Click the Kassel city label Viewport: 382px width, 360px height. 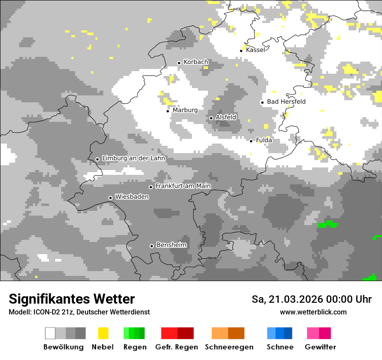255,50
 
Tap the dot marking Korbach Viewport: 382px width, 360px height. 179,63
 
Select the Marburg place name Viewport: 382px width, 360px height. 185,110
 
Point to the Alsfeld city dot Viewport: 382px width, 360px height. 211,118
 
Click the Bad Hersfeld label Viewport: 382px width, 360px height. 286,101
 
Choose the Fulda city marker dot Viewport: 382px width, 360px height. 251,141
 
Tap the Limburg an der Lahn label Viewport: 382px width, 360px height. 133,158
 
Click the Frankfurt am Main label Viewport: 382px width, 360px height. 183,186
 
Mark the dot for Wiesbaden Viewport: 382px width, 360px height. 111,198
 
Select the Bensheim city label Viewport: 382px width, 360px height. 171,245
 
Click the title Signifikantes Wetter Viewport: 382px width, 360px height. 72,299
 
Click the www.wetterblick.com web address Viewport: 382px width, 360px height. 313,312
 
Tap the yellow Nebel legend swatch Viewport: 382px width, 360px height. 103,333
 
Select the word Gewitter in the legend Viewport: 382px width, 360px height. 320,347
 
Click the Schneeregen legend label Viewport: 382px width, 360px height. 229,347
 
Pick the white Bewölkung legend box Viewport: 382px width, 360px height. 50,333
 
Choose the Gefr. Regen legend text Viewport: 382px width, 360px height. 176,347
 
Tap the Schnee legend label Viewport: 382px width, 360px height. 280,347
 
